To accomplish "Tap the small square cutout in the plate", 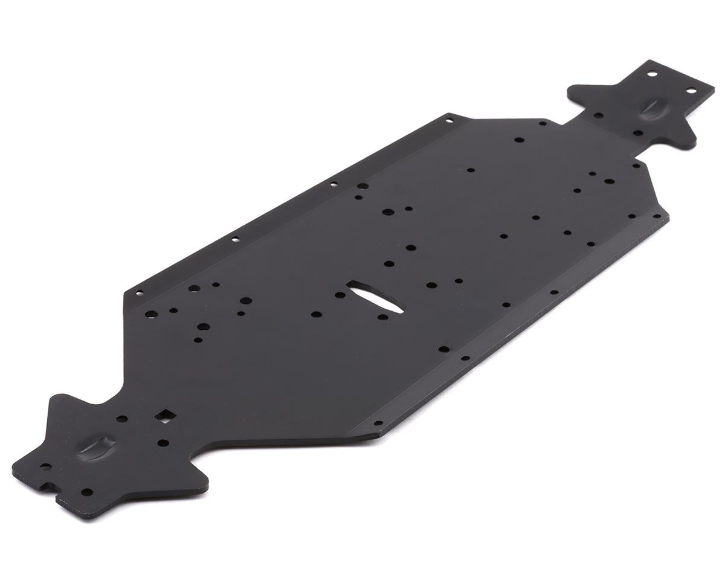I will (x=164, y=416).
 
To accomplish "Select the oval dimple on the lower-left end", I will (x=97, y=446).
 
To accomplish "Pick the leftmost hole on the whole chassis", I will (x=44, y=466).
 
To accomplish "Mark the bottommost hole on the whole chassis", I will (x=87, y=492).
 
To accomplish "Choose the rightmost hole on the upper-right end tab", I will (x=691, y=91).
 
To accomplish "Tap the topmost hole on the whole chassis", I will (x=652, y=74).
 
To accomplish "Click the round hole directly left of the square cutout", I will (x=121, y=419).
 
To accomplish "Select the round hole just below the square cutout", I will (x=163, y=443).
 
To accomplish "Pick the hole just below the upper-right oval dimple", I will (x=638, y=133).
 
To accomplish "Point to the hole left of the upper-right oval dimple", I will (x=598, y=115).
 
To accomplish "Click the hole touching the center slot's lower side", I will (x=382, y=317).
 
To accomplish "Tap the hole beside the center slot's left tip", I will (x=340, y=295).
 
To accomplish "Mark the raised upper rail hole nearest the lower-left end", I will (x=139, y=294).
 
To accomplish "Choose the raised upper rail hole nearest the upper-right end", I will (x=449, y=120).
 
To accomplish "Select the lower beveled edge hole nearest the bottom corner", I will (x=378, y=424).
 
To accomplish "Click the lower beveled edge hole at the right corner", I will (x=657, y=216).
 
